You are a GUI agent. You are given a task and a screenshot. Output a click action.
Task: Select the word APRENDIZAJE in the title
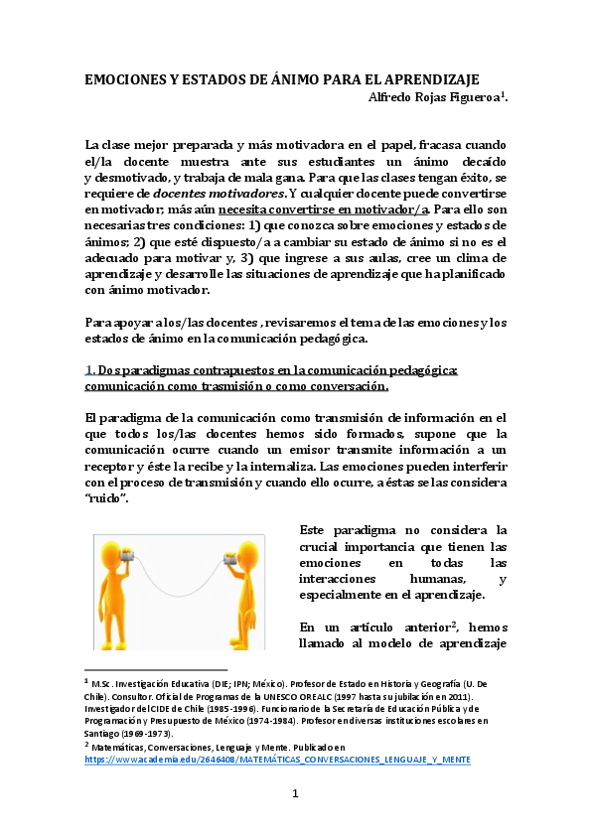tap(431, 78)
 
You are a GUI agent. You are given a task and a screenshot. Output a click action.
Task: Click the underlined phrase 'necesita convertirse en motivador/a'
tap(339, 209)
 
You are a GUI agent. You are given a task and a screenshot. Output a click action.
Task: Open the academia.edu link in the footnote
tap(277, 760)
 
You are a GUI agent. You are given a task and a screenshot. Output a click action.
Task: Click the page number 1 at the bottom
tap(295, 793)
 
